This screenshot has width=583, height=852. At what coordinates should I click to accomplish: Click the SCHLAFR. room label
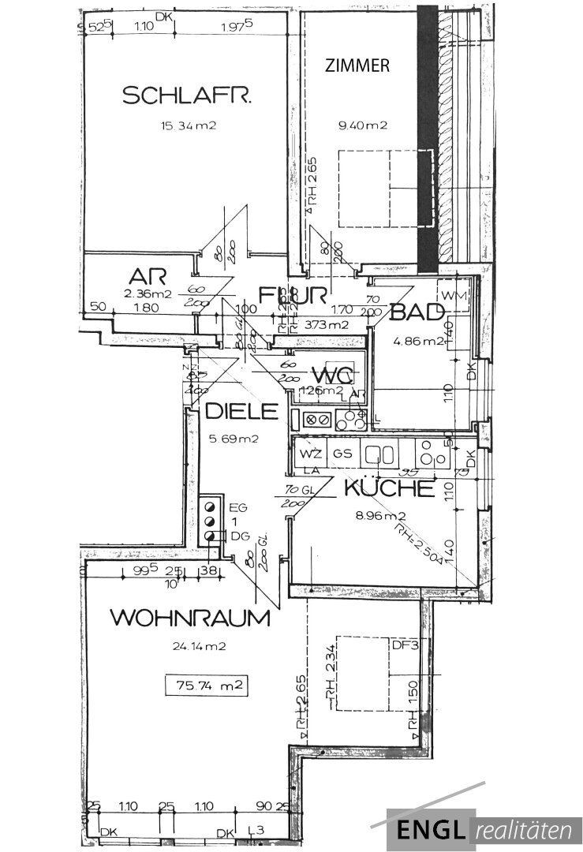coord(187,96)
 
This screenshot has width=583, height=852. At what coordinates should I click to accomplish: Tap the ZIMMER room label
coord(357,66)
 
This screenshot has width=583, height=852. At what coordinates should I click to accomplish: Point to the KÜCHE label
coord(389,489)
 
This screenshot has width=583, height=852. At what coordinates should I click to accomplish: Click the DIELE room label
coord(241,411)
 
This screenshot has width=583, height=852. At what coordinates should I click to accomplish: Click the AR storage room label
coord(149,277)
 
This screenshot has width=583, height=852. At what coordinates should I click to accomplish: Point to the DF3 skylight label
coord(402,645)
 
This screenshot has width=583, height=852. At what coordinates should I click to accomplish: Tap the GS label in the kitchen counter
coord(342,454)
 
